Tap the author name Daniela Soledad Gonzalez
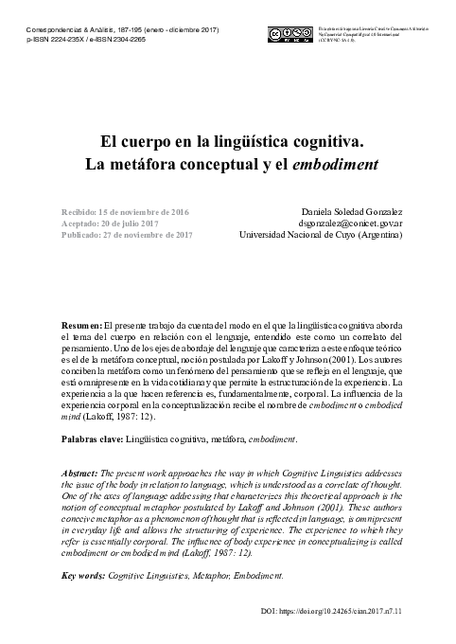click(349, 209)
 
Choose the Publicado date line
click(126, 235)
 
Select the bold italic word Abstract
click(79, 473)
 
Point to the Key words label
click(83, 575)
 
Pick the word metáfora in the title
click(164, 162)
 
